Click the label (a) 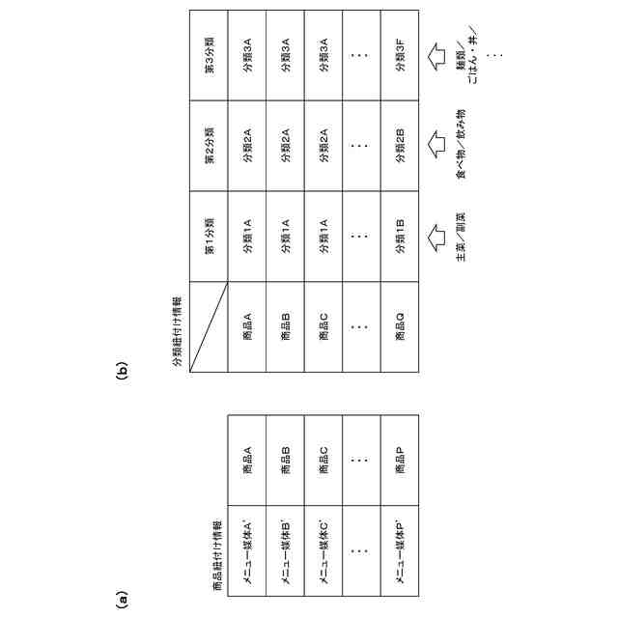pyautogui.click(x=122, y=599)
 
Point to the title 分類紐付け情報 pyautogui.click(x=178, y=328)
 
